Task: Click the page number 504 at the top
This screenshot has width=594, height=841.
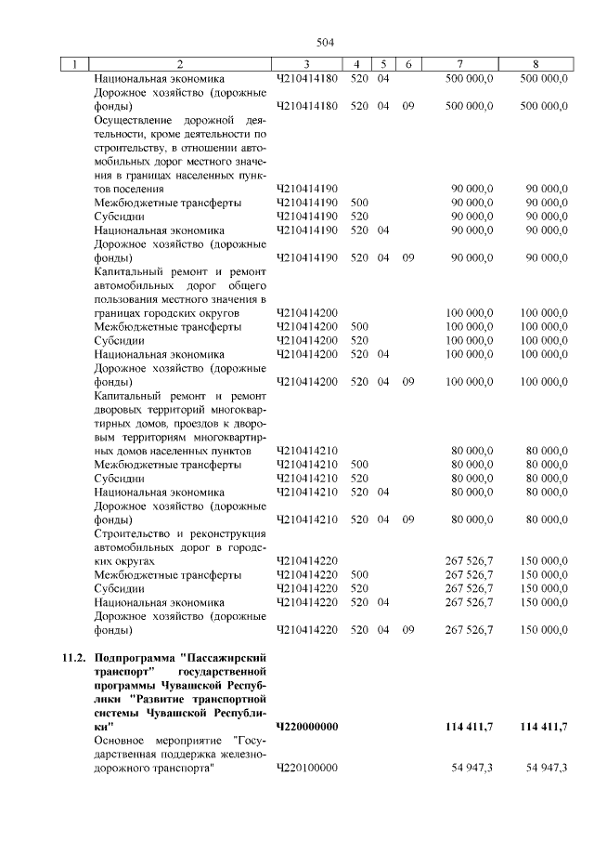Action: click(x=324, y=42)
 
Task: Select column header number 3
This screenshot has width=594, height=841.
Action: click(x=306, y=64)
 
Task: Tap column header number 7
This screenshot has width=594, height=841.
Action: click(x=460, y=64)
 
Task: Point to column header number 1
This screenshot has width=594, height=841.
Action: click(x=72, y=64)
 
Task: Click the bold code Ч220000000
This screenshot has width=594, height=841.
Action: click(x=307, y=725)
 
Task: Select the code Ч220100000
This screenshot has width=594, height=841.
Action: click(x=307, y=769)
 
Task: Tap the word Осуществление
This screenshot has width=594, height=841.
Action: click(x=135, y=120)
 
